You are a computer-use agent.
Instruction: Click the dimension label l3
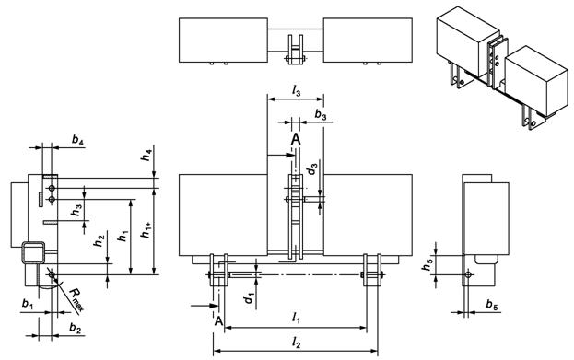coord(296,91)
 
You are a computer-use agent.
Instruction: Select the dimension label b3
coord(321,115)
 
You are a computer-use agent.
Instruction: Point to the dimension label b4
coord(76,140)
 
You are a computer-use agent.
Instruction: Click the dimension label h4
coord(147,155)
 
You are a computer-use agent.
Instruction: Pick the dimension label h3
coord(76,210)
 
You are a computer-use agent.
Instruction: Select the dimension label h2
coord(100,240)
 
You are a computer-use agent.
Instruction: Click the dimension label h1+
coord(146,230)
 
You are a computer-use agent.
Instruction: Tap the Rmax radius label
coord(76,299)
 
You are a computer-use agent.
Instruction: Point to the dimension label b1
coord(28,304)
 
